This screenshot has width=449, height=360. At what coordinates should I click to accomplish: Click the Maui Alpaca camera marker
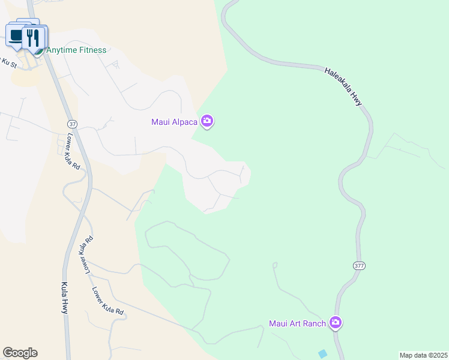[x=208, y=122]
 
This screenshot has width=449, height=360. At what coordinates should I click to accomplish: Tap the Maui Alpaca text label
[x=175, y=122]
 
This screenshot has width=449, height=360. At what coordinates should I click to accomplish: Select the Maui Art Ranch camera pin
[x=336, y=323]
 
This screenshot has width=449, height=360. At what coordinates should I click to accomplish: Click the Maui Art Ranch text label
[x=297, y=324]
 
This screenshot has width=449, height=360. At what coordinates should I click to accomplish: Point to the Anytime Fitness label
[x=76, y=50]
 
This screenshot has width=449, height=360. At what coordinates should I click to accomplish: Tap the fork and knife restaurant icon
[x=34, y=38]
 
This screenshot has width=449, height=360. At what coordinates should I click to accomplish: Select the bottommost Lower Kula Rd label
[x=108, y=301]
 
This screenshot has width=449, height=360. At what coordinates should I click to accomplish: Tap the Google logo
[x=20, y=353]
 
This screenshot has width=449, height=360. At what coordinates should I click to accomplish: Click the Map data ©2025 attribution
[x=423, y=355]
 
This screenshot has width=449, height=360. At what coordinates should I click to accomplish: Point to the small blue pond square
[x=323, y=354]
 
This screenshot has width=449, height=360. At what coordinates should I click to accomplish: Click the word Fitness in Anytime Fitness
[x=92, y=50]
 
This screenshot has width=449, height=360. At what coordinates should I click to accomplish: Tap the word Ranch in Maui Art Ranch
[x=314, y=324]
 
